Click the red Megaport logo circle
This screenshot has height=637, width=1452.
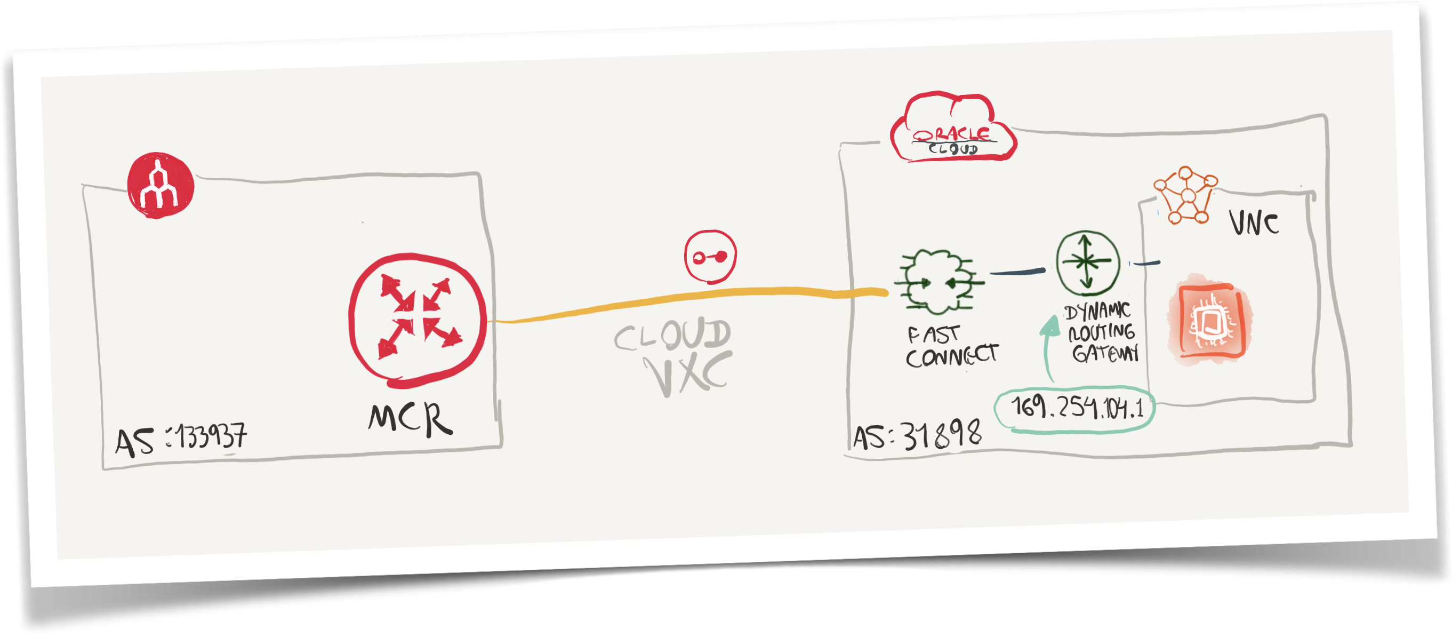(x=160, y=185)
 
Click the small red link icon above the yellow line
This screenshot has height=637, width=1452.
(x=710, y=257)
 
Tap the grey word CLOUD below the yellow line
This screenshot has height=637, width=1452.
(x=672, y=336)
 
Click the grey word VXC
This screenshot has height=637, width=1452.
(x=689, y=373)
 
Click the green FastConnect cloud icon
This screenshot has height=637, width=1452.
(x=938, y=281)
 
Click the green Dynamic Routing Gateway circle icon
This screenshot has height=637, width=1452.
(x=1087, y=262)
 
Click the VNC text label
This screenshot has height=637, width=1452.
(x=1254, y=224)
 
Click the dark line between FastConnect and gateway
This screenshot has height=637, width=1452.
(x=1017, y=272)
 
